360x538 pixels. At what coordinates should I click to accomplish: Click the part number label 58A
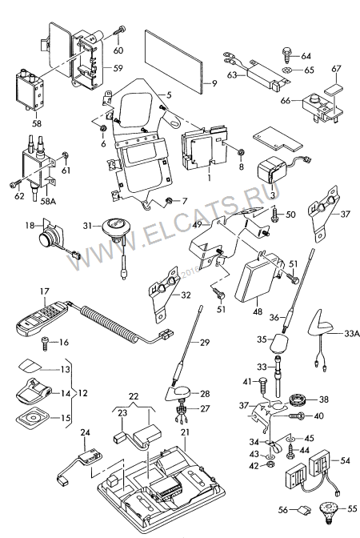pos(48,201)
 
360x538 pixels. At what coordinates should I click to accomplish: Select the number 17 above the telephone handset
pos(45,291)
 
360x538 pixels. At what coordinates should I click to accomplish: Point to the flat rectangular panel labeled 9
pos(174,61)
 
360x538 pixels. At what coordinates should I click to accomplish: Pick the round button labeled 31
pos(114,227)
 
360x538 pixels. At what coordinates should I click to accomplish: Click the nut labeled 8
pos(241,151)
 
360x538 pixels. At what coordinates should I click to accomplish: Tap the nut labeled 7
pos(168,200)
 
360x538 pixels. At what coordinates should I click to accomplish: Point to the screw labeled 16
pos(45,343)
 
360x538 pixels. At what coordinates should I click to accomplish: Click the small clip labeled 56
pos(305,511)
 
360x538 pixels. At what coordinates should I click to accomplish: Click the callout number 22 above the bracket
pos(134,396)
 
